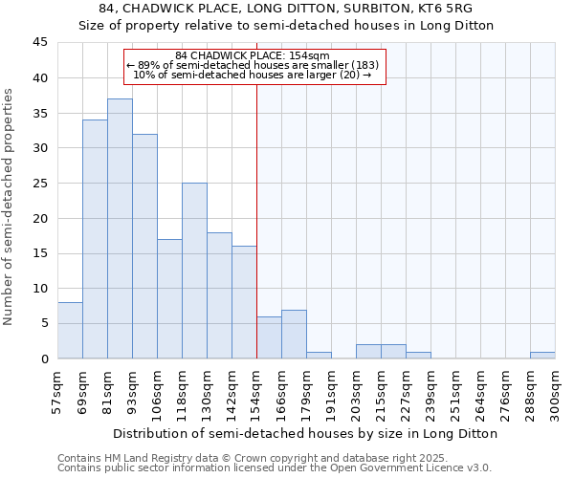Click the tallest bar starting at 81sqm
tap(120, 229)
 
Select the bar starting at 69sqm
tap(95, 239)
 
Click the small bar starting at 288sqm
tap(542, 355)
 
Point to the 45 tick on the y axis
tap(40, 43)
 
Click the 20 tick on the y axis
tap(40, 218)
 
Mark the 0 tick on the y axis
tap(44, 358)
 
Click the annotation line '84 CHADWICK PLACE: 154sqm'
tap(253, 55)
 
